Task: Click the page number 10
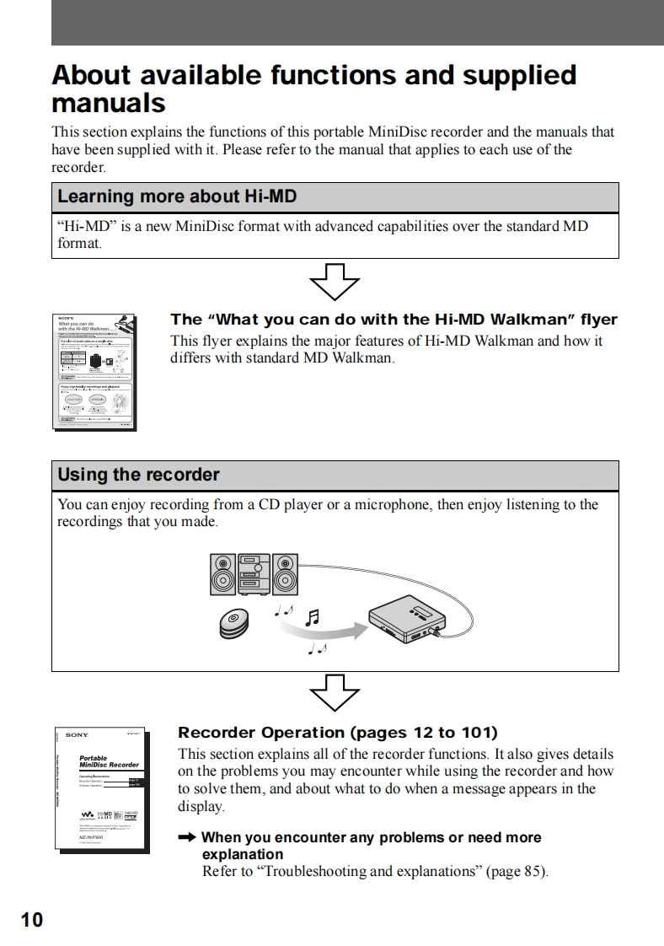point(31,919)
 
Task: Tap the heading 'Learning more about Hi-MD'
point(176,197)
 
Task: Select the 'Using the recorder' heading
point(138,475)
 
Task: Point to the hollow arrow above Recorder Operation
point(335,694)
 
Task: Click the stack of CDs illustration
point(235,621)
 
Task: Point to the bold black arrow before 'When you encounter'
point(187,837)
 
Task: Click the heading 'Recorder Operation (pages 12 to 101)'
point(337,733)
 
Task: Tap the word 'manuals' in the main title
point(109,104)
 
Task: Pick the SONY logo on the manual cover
point(77,735)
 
